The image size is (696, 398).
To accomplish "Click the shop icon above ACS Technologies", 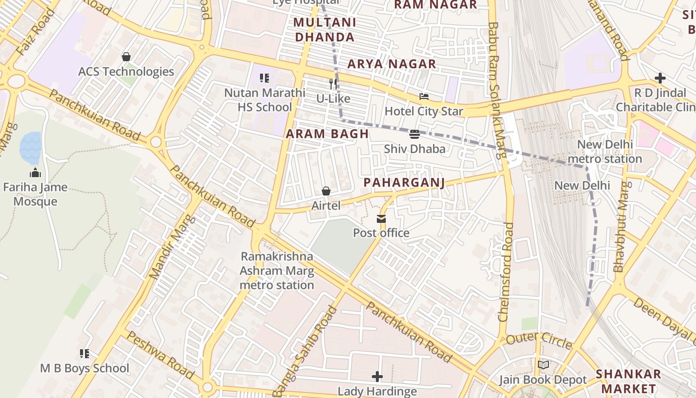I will pyautogui.click(x=126, y=57).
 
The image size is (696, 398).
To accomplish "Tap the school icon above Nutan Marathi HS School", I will pyautogui.click(x=264, y=78).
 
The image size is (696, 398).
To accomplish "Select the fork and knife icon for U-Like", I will pyautogui.click(x=333, y=84).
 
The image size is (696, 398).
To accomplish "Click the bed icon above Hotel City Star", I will pyautogui.click(x=424, y=97).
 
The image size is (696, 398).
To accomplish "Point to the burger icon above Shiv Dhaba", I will pyautogui.click(x=415, y=134).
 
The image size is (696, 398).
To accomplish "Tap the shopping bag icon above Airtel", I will pyautogui.click(x=326, y=191).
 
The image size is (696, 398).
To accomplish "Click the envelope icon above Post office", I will pyautogui.click(x=381, y=218).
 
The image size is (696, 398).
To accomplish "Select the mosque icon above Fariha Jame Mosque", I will pyautogui.click(x=35, y=173).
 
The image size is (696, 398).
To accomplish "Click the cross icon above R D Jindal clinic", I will pyautogui.click(x=660, y=78).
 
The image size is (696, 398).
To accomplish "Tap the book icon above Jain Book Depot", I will pyautogui.click(x=543, y=365).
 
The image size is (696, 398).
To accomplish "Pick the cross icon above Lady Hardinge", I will pyautogui.click(x=377, y=377).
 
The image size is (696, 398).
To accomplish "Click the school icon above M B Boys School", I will pyautogui.click(x=85, y=354).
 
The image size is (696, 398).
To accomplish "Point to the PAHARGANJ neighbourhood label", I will pyautogui.click(x=404, y=183).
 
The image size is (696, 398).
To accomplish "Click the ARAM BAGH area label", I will pyautogui.click(x=327, y=134).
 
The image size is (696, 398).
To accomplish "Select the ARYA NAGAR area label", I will pyautogui.click(x=392, y=64).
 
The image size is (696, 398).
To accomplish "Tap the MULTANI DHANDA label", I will pyautogui.click(x=325, y=30).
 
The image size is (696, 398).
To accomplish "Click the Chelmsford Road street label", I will pyautogui.click(x=507, y=272).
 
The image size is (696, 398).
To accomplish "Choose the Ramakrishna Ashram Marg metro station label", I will pyautogui.click(x=277, y=271).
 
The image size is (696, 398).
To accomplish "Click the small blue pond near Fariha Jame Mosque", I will pyautogui.click(x=30, y=147).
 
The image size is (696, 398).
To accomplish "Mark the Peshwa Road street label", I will pyautogui.click(x=160, y=354).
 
